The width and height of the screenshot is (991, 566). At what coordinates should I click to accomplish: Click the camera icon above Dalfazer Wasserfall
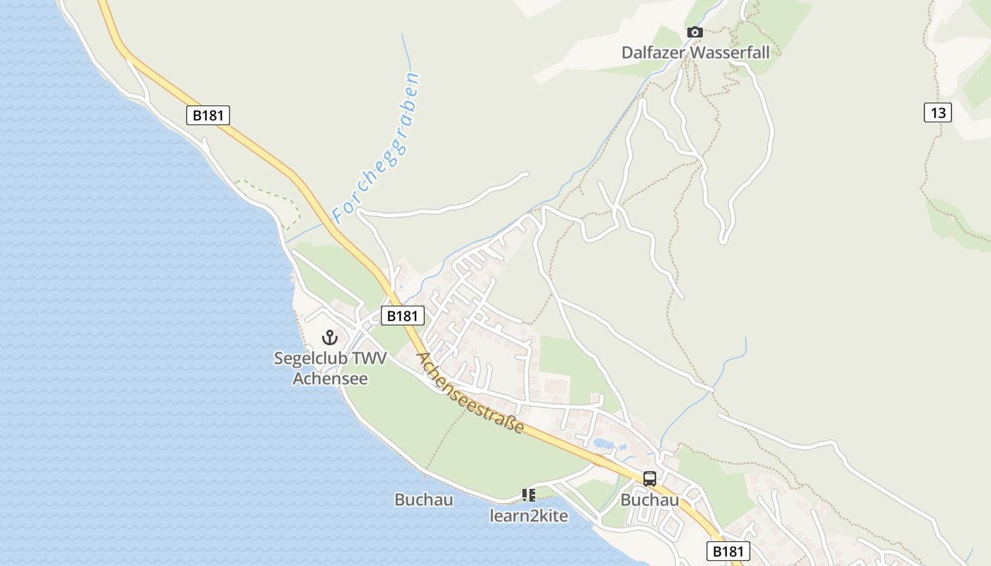[695, 32]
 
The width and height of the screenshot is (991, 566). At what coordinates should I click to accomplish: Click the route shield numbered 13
[937, 112]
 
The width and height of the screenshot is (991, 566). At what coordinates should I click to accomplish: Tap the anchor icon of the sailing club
[329, 337]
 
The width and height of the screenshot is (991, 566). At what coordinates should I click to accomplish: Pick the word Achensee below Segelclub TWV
[331, 379]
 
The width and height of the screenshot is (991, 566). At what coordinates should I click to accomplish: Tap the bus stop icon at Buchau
[650, 478]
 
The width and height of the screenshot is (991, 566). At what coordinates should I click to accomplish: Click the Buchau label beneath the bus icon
[650, 500]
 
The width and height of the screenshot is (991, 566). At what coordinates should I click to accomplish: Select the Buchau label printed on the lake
[423, 499]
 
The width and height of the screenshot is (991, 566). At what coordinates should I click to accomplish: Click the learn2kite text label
[529, 516]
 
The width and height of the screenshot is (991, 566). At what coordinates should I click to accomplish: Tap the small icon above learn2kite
[528, 495]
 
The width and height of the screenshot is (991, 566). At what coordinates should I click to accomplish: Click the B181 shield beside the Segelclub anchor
[403, 316]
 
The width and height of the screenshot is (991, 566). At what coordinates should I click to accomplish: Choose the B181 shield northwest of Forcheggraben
[208, 115]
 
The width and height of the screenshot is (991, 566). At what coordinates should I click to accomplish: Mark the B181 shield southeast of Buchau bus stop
[728, 551]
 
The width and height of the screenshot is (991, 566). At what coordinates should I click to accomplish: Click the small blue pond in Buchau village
[604, 444]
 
